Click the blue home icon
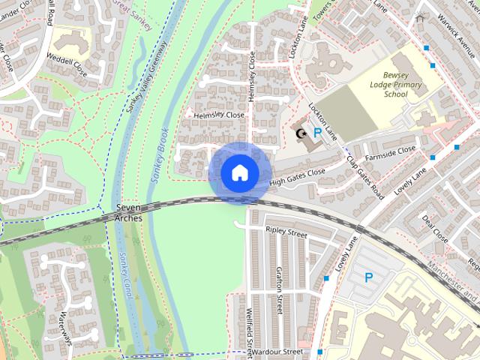[x=239, y=173]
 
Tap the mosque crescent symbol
[x=301, y=134]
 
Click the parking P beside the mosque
[x=317, y=133]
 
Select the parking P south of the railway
[x=368, y=277]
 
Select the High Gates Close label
[x=297, y=177]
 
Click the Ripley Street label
[x=286, y=233]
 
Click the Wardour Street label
[x=277, y=351]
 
